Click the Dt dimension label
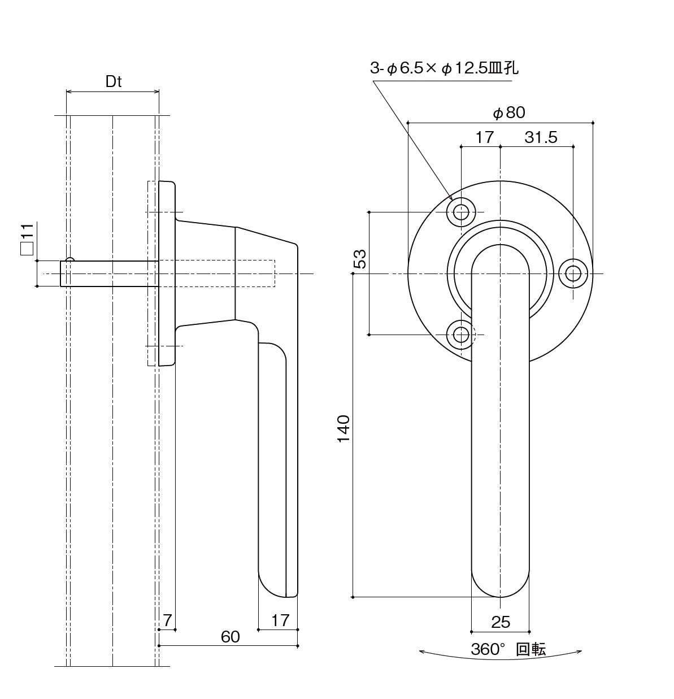[x=114, y=81]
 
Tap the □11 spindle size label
[x=27, y=240]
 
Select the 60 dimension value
[x=230, y=637]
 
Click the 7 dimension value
[x=167, y=620]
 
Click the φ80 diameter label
[x=509, y=113]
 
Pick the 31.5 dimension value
[x=541, y=137]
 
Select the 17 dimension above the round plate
[x=484, y=137]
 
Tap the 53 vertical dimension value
[x=360, y=258]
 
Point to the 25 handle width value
[x=501, y=622]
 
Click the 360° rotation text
[x=508, y=649]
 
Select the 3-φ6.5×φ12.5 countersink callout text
[x=444, y=69]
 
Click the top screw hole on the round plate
[x=461, y=212]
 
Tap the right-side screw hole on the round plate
[x=573, y=273]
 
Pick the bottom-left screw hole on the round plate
[x=461, y=335]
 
